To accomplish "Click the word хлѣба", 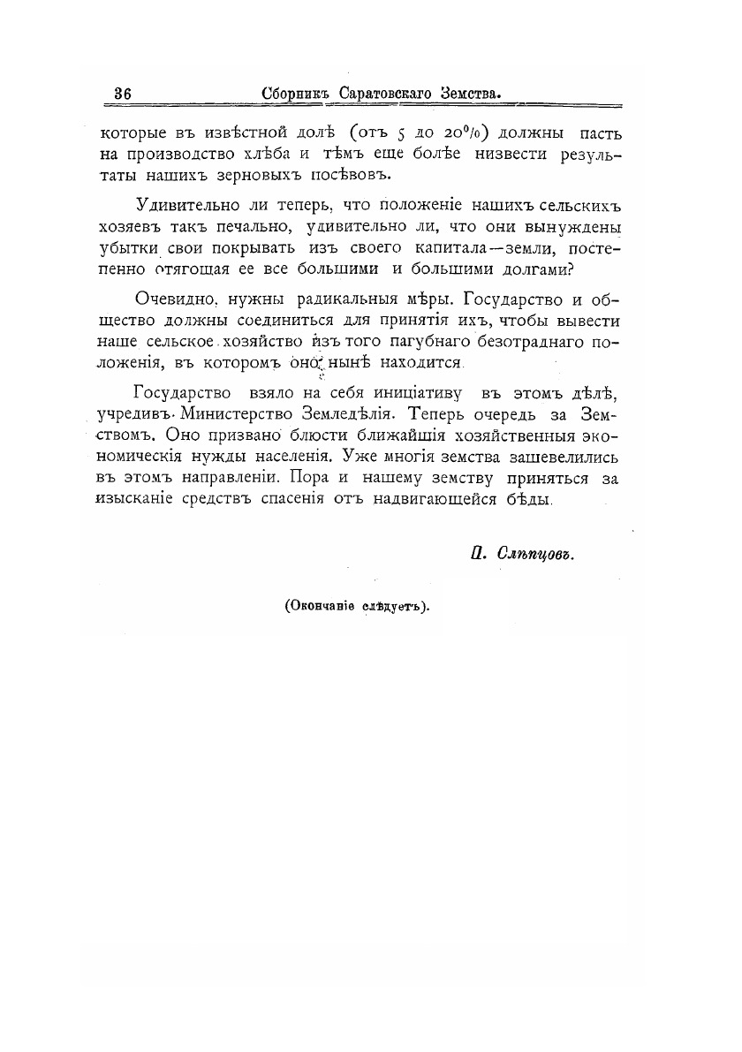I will (x=260, y=156).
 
